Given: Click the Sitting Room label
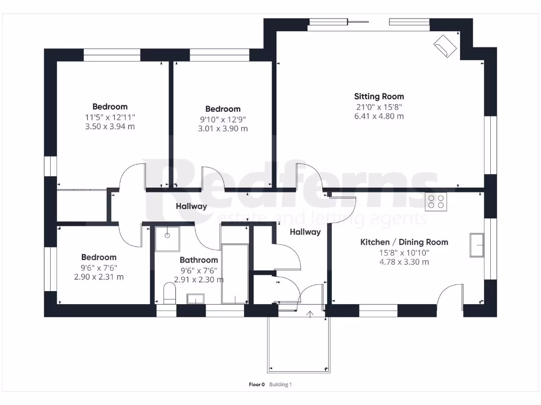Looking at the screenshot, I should pos(379,97).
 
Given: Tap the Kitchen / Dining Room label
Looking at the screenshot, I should pos(404,242).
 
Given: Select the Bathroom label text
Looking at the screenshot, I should pos(199,260).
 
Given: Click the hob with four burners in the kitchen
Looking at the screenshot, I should pos(436,201).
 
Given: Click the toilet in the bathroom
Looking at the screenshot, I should pos(169,294).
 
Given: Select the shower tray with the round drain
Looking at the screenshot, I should pos(167,237).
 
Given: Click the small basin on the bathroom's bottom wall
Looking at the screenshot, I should pos(195,300).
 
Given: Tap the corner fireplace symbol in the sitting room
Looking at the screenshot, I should pos(445,46).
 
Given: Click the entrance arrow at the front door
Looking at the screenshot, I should pos(309,315).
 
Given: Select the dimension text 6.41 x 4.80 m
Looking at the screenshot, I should pos(379,116).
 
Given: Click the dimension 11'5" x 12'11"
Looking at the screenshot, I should pos(110,117).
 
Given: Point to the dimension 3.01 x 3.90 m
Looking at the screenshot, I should pos(222,129).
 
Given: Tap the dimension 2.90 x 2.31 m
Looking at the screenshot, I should pos(99,277).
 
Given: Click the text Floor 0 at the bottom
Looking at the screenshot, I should pos(256,384).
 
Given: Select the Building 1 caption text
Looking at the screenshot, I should pos(280,384).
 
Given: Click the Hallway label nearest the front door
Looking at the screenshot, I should pos(305,232).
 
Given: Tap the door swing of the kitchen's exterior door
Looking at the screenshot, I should pos(450,295).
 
